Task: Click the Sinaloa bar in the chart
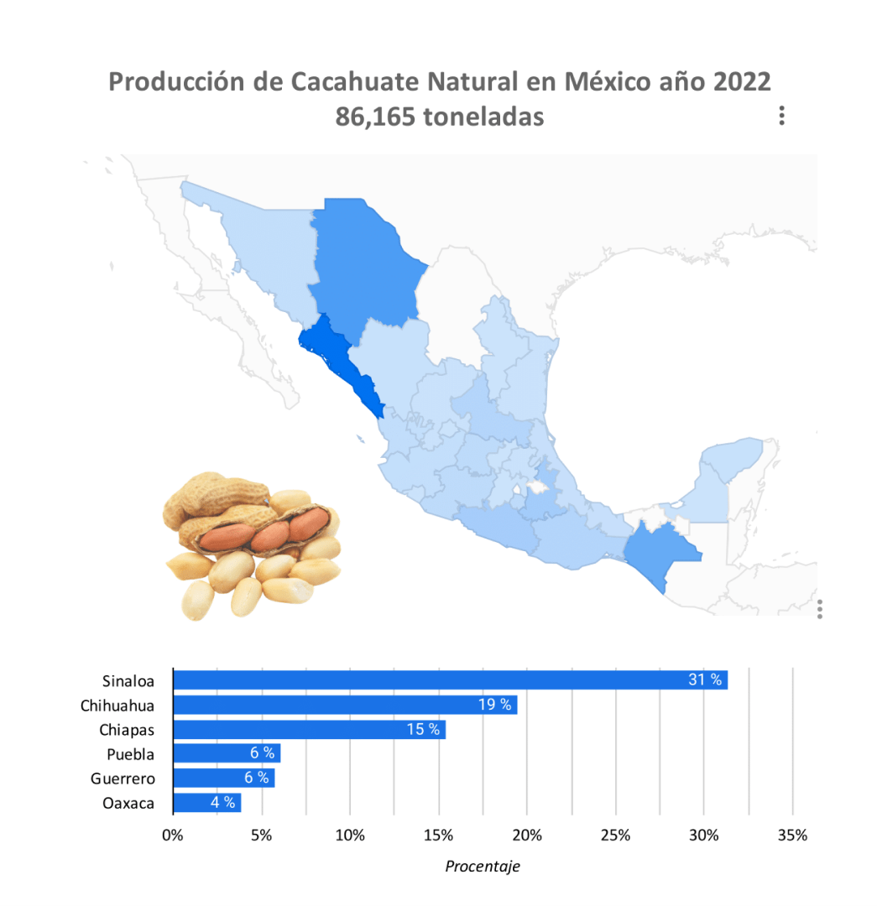(x=449, y=679)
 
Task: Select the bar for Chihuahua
(x=344, y=705)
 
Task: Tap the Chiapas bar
(x=309, y=729)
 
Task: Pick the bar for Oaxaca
(x=206, y=803)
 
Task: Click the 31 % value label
(x=705, y=679)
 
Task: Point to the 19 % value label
(x=495, y=705)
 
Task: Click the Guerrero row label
(x=123, y=778)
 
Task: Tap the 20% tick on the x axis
(x=527, y=836)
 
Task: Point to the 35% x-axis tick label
(x=792, y=836)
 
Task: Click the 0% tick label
(x=172, y=836)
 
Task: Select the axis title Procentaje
(x=482, y=867)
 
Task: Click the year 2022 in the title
(x=741, y=82)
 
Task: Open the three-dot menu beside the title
(x=781, y=116)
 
